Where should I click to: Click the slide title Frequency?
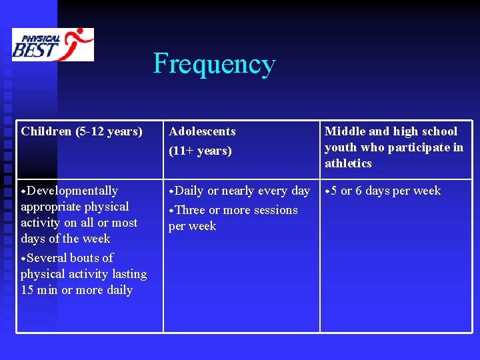coord(214,64)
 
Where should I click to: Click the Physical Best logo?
coord(53,44)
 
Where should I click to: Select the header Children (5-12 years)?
coord(81,131)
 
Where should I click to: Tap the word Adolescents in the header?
coord(202,131)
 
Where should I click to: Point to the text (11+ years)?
coord(200,151)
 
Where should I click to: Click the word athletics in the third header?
coord(348,163)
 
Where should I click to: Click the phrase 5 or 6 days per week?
coord(386,191)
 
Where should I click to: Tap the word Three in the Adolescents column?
coord(190,210)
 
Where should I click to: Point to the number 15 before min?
coord(27,290)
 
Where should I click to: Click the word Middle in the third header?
coord(345,131)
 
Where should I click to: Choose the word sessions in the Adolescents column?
coord(272,210)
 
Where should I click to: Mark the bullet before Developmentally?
coord(23,192)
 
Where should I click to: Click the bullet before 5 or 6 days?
coord(327,192)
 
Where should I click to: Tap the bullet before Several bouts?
coord(23,259)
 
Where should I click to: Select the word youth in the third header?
coord(339,147)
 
